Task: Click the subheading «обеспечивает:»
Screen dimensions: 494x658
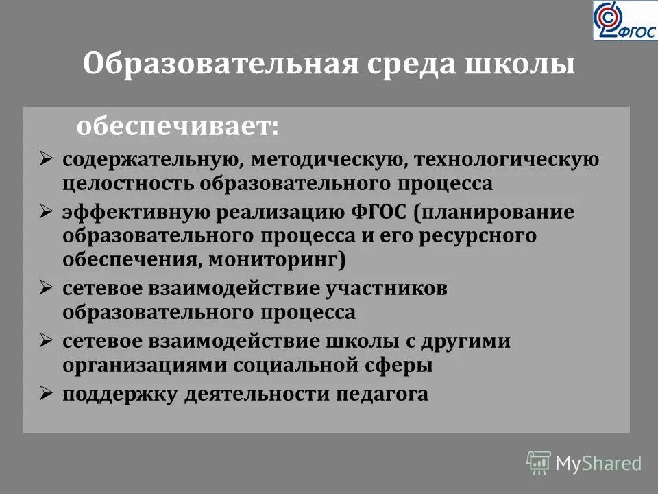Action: click(x=178, y=126)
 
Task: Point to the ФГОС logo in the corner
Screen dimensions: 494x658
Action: click(x=624, y=21)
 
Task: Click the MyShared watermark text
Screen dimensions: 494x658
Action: click(x=598, y=463)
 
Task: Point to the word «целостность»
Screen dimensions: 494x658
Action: click(x=130, y=184)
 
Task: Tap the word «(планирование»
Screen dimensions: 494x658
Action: click(x=494, y=212)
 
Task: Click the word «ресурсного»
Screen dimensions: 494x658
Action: click(x=477, y=236)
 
